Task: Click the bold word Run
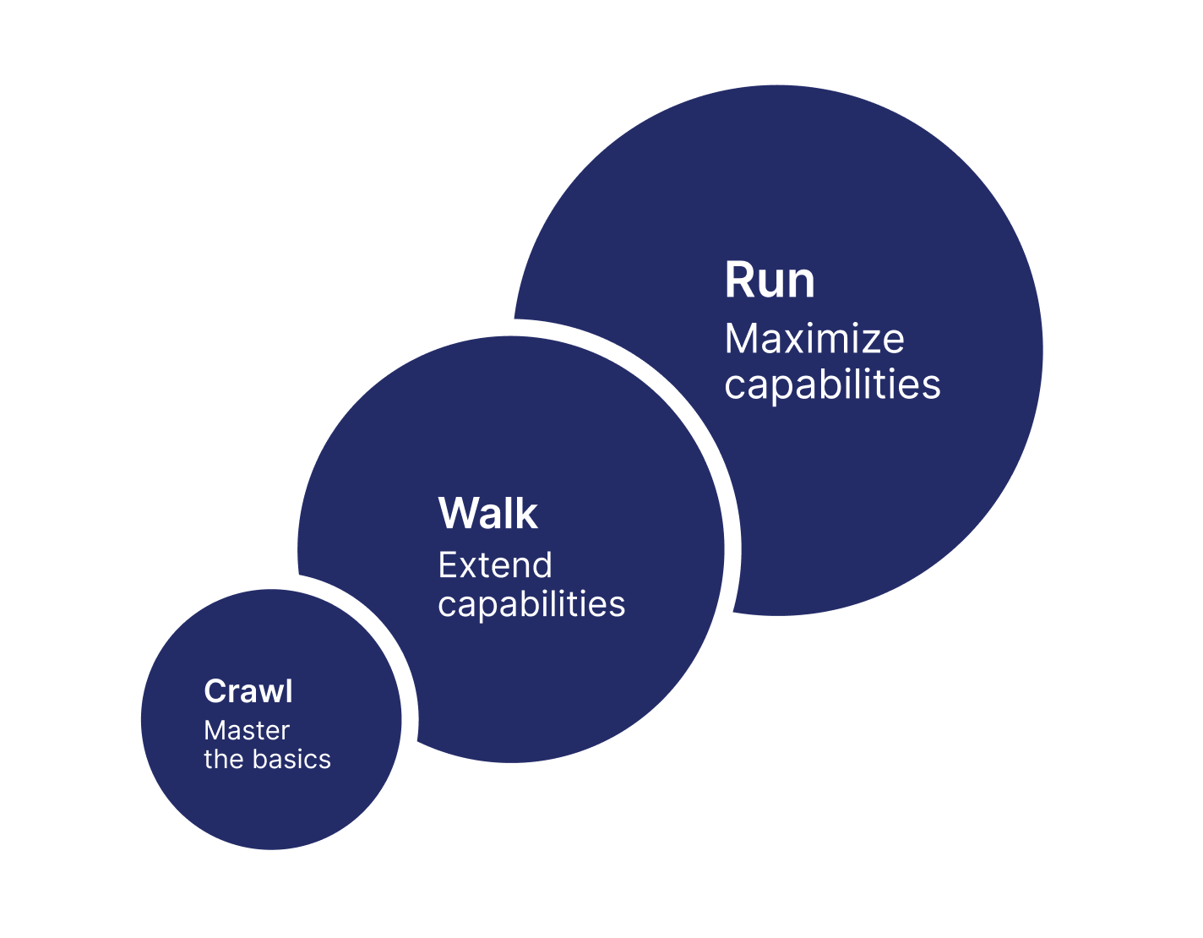coord(770,281)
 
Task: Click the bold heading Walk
coord(487,513)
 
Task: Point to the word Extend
coord(495,565)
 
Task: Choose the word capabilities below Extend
coord(531,606)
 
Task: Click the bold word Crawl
coord(248,691)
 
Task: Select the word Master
coord(247,730)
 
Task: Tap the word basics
coord(291,759)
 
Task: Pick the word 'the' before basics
coord(224,759)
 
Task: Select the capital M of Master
coord(215,730)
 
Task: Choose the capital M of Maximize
coord(740,338)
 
